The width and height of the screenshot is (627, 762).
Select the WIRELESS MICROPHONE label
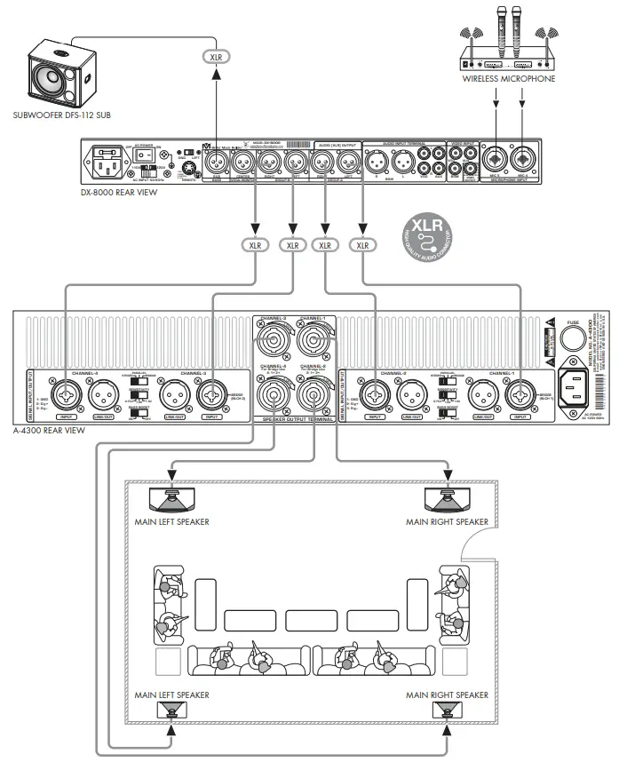point(509,79)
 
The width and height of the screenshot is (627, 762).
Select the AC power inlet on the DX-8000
point(107,163)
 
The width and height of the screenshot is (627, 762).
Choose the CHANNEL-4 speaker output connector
point(272,391)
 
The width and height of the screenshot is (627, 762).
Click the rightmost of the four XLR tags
point(361,244)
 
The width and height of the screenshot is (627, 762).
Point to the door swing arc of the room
point(476,551)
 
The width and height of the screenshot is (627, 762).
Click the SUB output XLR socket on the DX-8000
point(217,163)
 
